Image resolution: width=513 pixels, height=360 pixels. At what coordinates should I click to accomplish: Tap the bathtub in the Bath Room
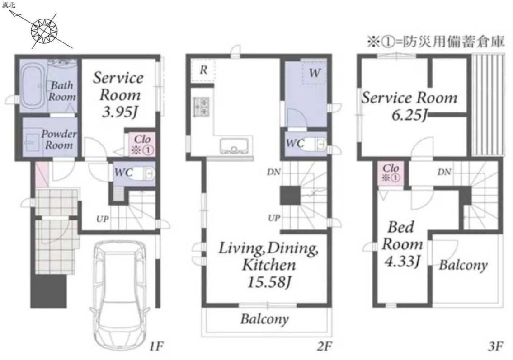point(33,86)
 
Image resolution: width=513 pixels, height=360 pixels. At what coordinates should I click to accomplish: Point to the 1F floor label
point(156,346)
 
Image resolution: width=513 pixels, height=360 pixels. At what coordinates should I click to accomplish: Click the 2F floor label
point(324,346)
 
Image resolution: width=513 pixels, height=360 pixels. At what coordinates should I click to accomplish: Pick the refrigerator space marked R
point(203,70)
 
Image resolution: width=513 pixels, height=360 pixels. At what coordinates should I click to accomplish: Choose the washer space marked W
point(314,72)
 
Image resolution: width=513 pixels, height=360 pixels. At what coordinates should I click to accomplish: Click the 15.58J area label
point(268,282)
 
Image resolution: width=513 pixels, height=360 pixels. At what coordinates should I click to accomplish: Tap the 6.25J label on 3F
point(409,115)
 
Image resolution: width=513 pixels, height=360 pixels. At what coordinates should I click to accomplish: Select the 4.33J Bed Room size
point(402,261)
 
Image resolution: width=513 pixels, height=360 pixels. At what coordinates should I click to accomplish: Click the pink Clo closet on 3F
point(391,173)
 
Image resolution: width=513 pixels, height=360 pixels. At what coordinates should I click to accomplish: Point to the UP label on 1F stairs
point(103,219)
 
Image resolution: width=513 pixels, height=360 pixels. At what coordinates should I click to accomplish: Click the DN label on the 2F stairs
point(273,171)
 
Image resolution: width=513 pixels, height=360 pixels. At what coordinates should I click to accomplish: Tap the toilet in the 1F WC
point(145,173)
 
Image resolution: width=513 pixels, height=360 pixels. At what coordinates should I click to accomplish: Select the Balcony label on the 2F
point(265,319)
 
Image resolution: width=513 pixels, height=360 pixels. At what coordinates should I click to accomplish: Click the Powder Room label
point(59,139)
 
